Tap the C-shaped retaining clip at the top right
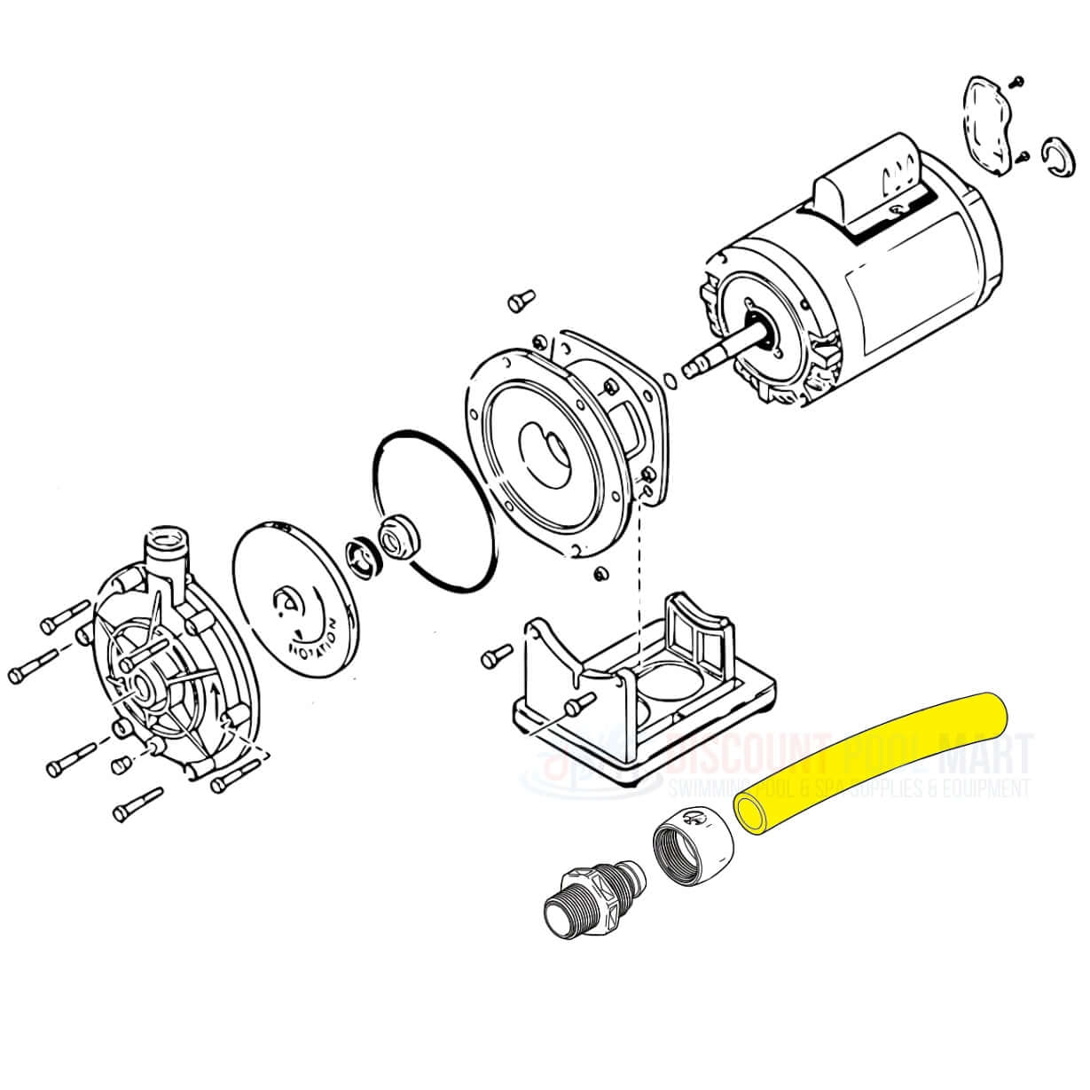[1056, 157]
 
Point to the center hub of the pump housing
[140, 686]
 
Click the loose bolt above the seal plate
[519, 302]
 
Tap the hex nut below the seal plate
[600, 574]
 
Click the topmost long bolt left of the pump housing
[65, 617]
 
